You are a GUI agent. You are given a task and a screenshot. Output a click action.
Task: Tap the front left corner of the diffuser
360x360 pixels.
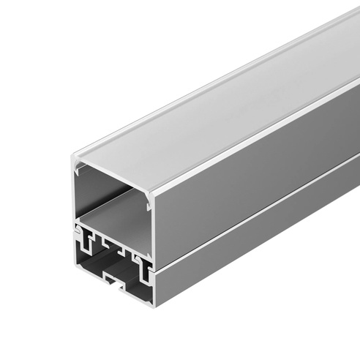pos(74,157)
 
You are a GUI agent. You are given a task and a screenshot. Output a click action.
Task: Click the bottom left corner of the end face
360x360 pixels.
pos(75,265)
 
